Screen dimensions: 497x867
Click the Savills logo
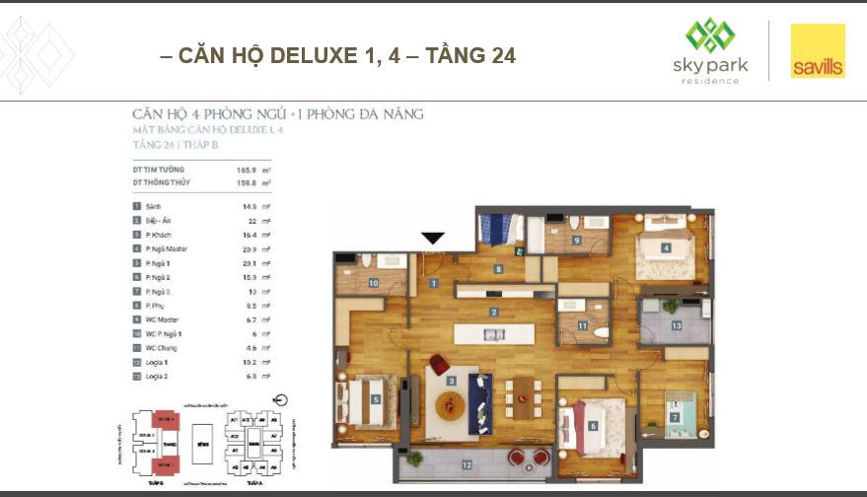tap(818, 52)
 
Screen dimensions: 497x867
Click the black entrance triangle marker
tap(433, 238)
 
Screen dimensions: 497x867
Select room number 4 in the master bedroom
tap(666, 248)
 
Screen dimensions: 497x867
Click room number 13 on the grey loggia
tap(676, 324)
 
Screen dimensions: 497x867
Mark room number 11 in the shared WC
tap(583, 325)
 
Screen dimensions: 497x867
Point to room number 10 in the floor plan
tap(374, 283)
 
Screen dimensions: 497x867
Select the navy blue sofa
tap(480, 393)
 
